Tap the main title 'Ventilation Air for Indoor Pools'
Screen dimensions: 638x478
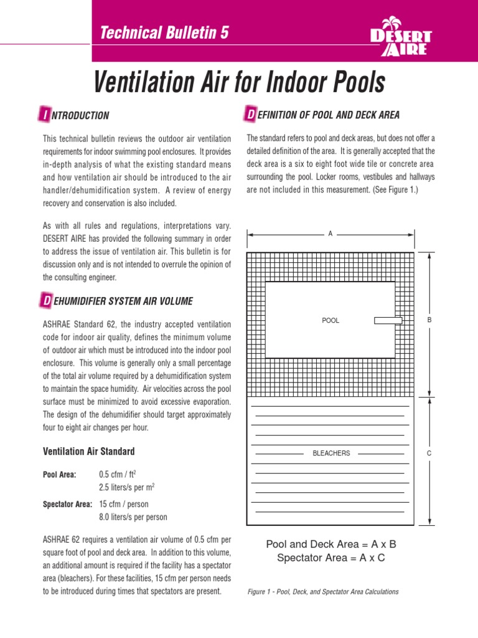pos(239,83)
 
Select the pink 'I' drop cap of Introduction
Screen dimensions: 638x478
pos(45,115)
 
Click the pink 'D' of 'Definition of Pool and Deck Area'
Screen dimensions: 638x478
pos(250,115)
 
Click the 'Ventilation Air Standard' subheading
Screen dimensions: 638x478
pos(88,451)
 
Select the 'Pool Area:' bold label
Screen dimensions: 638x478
pos(59,475)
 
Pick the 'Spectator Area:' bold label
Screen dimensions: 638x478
pos(67,504)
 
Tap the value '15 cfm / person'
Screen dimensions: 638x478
pos(124,504)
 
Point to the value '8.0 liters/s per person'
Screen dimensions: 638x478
pos(133,517)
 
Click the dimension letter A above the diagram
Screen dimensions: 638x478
pos(330,234)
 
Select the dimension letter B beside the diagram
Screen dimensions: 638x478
pos(429,320)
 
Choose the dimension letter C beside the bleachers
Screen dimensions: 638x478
pos(429,453)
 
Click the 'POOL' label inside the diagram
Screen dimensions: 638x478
pos(330,320)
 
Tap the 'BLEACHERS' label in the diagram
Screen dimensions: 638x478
pos(331,453)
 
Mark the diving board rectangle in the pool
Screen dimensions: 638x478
pos(388,320)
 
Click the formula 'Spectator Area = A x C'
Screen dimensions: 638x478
pos(330,558)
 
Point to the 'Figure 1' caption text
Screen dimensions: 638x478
pos(322,591)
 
